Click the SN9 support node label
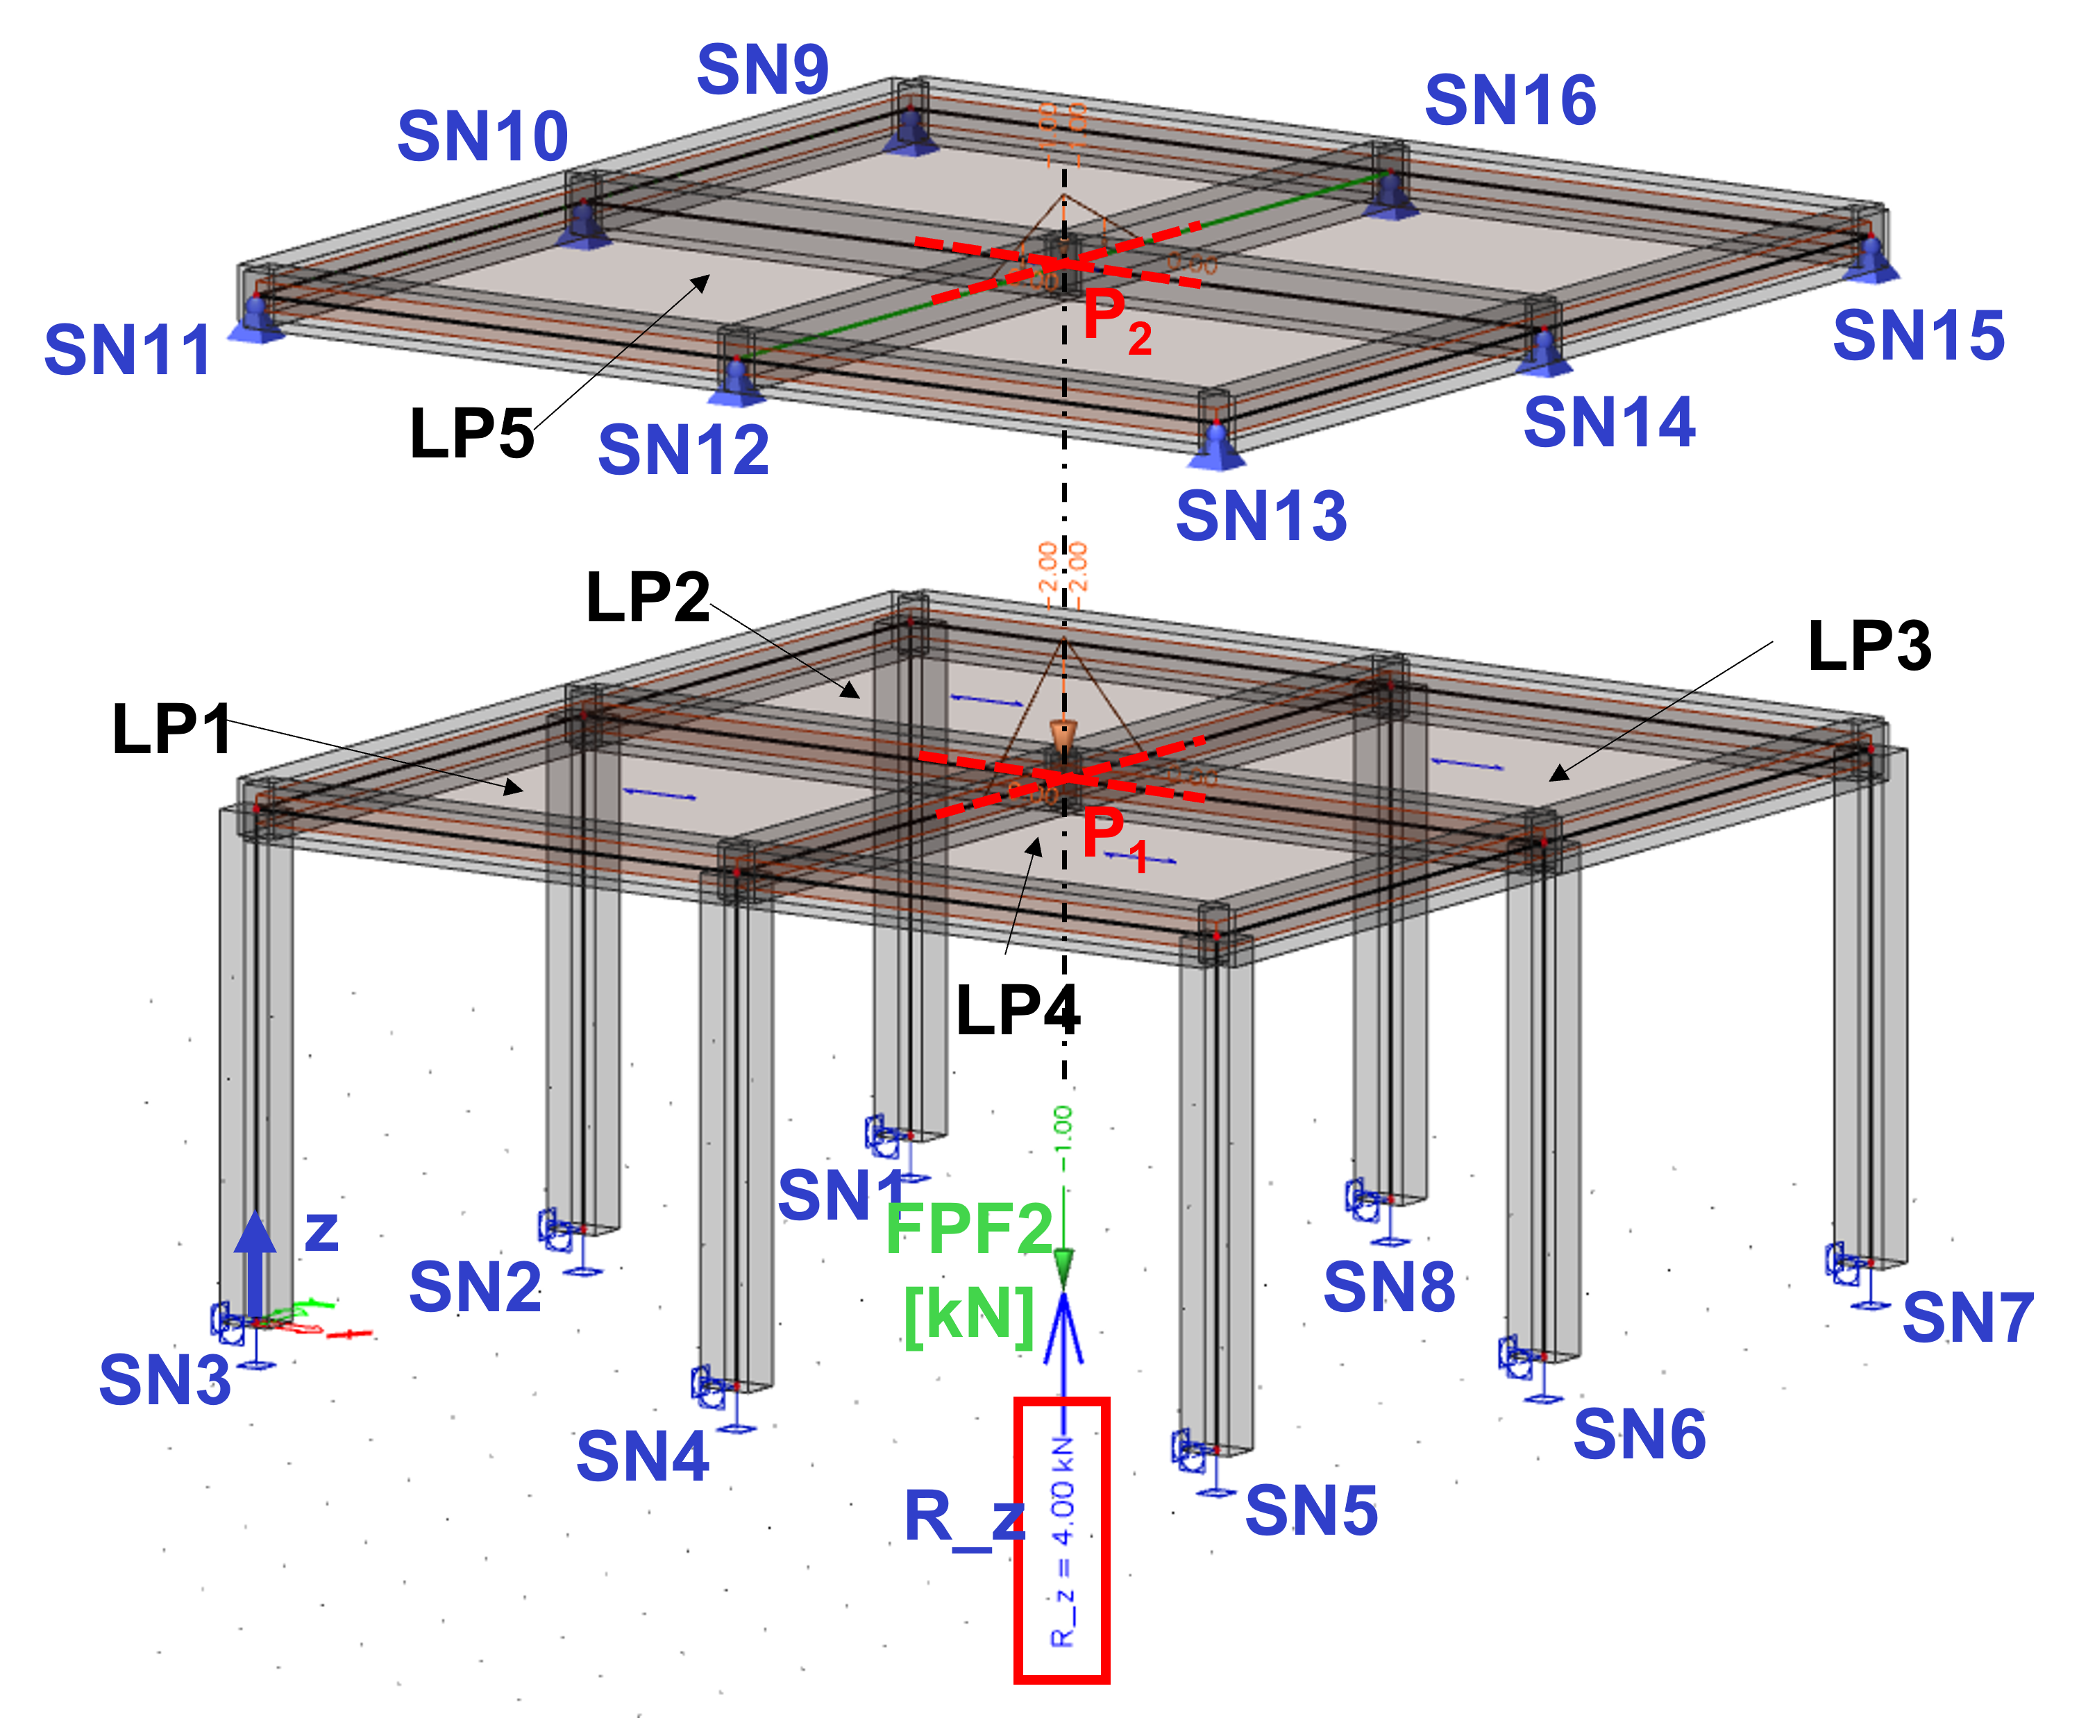(x=763, y=69)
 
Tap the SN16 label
(x=1510, y=100)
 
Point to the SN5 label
(x=1311, y=1510)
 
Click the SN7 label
(x=1968, y=1317)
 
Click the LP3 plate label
(x=1869, y=646)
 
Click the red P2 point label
(x=1117, y=321)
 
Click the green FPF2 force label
(x=969, y=1229)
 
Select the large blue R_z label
(x=965, y=1517)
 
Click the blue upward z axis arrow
(x=255, y=1262)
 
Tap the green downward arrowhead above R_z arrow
(x=1063, y=1267)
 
